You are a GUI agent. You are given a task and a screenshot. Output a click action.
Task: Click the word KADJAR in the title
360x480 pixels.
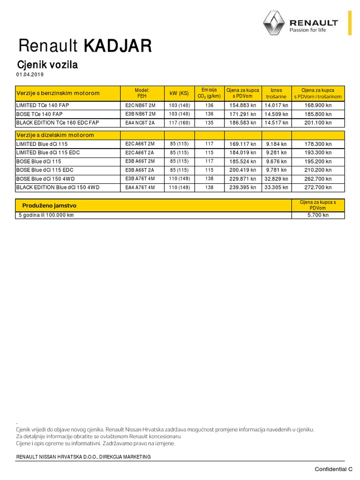[118, 46]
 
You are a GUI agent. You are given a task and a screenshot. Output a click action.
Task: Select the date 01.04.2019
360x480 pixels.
[30, 75]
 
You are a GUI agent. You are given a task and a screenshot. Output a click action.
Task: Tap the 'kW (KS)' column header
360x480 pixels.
[180, 93]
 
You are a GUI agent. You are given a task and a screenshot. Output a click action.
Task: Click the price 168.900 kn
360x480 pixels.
[318, 105]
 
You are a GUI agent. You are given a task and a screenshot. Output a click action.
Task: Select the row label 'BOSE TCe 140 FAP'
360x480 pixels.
[39, 114]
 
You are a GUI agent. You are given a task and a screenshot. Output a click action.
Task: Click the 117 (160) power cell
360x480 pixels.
[180, 122]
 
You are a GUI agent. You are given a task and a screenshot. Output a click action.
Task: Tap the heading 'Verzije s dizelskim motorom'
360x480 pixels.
[55, 135]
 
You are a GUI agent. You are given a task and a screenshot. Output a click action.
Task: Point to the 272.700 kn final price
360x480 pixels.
[318, 187]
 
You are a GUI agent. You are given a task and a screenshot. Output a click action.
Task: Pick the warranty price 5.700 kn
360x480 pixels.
[318, 215]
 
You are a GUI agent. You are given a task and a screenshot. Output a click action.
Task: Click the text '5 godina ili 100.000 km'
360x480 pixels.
[46, 215]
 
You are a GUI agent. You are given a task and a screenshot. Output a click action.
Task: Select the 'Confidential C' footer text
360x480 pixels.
[333, 469]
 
